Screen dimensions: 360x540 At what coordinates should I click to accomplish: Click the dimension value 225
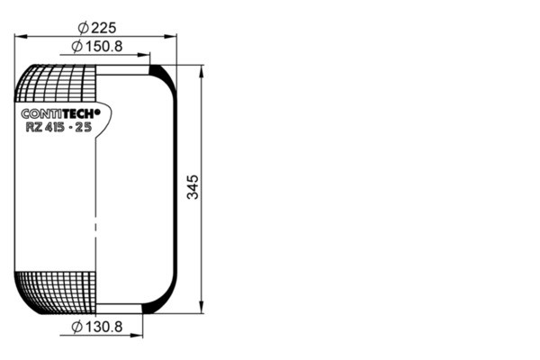click(104, 27)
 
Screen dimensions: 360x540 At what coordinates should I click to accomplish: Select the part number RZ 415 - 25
click(58, 127)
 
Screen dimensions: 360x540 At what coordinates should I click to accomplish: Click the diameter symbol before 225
click(83, 27)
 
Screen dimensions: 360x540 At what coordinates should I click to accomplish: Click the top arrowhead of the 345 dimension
click(201, 69)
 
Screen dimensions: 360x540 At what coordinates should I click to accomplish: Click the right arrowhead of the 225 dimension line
click(173, 37)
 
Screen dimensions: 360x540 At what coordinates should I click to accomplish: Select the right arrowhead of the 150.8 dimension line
click(146, 55)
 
